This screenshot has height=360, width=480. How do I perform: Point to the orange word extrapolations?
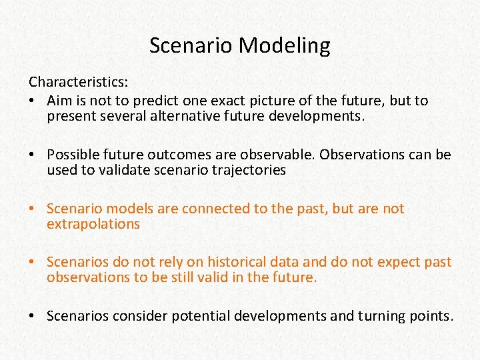pyautogui.click(x=93, y=224)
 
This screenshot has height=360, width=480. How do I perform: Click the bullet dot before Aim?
pyautogui.click(x=33, y=101)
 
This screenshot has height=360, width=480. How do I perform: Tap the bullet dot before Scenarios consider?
pyautogui.click(x=33, y=316)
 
